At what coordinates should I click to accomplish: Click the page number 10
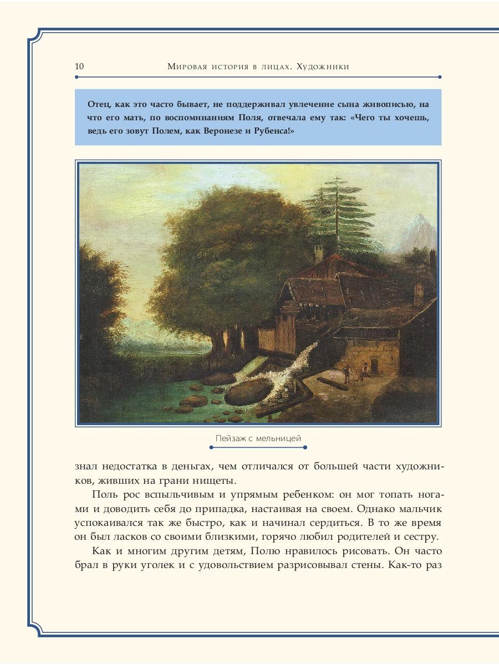tap(79, 66)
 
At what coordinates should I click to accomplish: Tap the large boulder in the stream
tap(248, 392)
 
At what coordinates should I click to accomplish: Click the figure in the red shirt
tap(364, 370)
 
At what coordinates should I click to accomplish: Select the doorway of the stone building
tap(378, 366)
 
